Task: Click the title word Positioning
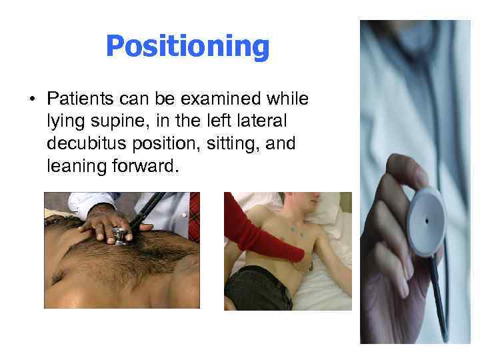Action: pos(187,47)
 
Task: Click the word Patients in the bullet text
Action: pos(79,99)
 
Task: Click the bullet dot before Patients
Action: pos(31,100)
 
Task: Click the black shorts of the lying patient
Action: pos(257,287)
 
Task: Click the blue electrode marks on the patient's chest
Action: pos(293,230)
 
